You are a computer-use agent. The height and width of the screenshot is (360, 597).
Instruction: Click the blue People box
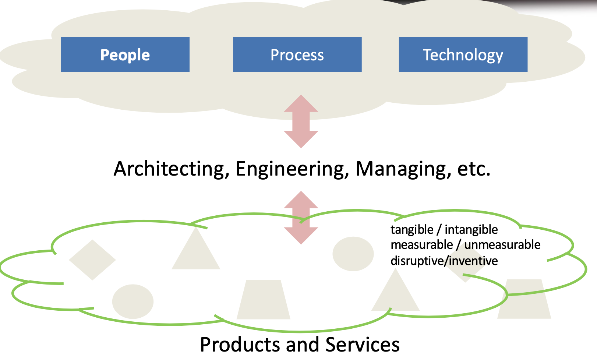point(125,54)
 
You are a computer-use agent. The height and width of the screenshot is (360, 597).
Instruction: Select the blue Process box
point(297,54)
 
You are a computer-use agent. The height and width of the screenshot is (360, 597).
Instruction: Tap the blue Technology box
point(463,54)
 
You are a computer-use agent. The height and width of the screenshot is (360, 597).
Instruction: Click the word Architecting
point(169,169)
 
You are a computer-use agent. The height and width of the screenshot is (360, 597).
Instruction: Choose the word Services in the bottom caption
point(363,345)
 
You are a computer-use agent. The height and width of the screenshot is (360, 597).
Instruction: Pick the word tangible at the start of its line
point(412,230)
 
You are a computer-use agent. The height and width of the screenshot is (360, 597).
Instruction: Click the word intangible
point(471,230)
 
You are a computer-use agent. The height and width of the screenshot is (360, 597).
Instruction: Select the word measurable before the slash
point(422,245)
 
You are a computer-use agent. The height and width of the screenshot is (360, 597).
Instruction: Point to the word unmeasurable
point(502,245)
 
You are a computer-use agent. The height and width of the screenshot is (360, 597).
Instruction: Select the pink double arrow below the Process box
point(301,121)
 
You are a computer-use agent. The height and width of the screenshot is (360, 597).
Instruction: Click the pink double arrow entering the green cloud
point(301,218)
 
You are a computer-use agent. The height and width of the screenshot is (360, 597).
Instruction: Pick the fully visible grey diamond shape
point(92,260)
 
